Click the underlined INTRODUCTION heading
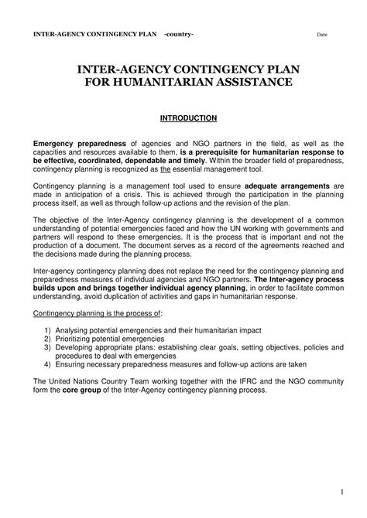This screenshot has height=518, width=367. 188,118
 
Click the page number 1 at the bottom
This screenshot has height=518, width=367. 341,492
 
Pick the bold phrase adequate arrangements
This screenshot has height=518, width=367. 287,186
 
